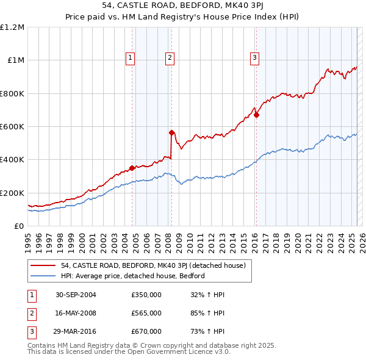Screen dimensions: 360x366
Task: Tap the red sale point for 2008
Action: tap(171, 132)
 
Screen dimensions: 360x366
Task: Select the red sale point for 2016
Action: tap(257, 115)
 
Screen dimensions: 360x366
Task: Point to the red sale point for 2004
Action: tap(132, 168)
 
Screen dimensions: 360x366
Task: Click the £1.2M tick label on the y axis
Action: tap(12, 27)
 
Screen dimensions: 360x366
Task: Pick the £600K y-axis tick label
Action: tap(12, 127)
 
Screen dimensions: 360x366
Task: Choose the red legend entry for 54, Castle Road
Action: tap(152, 265)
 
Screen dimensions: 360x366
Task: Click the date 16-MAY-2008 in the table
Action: tap(75, 313)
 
